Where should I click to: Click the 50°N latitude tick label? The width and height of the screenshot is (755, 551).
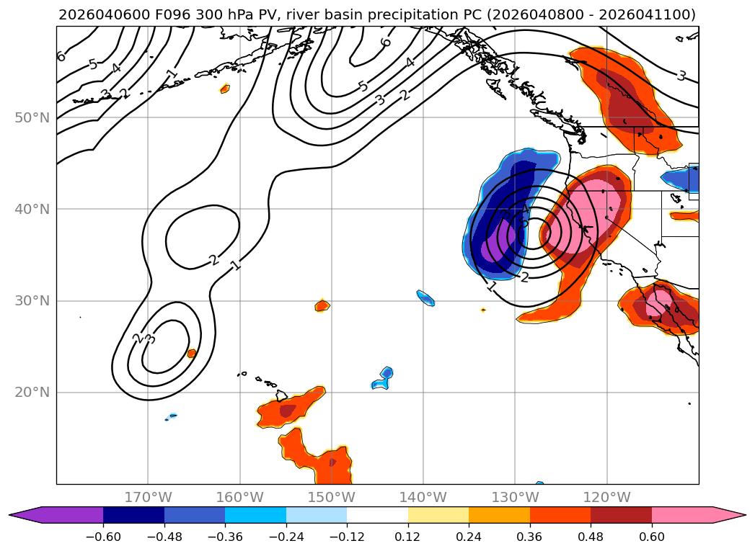pos(33,117)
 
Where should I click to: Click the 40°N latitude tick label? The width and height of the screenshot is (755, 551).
pos(33,209)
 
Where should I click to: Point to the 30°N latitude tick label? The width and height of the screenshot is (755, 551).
pos(33,300)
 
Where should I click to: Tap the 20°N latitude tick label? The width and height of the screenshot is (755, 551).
pos(33,393)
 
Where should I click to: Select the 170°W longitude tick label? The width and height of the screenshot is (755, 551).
pos(148,497)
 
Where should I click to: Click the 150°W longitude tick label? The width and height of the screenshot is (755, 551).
pos(331,497)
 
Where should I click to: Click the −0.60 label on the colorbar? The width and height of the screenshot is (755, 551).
pos(103,537)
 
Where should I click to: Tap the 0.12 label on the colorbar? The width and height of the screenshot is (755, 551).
pos(408,537)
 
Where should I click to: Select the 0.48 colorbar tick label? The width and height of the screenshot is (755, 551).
pos(591,537)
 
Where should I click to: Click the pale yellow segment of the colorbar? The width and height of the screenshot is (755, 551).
pos(438,515)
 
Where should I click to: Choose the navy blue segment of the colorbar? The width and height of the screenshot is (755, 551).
pos(133,515)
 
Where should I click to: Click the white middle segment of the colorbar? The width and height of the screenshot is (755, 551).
pos(377,515)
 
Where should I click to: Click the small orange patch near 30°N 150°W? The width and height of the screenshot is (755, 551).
pos(322,305)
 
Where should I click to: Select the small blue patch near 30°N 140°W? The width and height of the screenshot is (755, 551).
pos(426,297)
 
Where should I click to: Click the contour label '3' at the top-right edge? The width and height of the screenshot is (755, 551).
pos(681,75)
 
